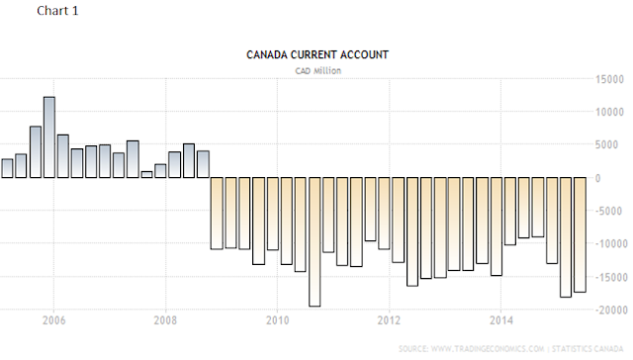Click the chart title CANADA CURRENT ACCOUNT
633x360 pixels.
point(317,54)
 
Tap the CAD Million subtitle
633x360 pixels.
point(318,71)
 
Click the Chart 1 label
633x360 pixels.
point(57,11)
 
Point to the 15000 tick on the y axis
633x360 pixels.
point(609,79)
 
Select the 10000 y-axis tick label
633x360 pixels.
point(609,112)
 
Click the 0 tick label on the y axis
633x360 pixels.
point(597,178)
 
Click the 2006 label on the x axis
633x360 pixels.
point(53,320)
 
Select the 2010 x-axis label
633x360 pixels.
point(277,320)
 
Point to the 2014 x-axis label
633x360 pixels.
point(501,320)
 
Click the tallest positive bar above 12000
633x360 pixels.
point(49,137)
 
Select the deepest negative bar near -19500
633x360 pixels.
point(315,241)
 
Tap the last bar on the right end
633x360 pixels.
point(581,234)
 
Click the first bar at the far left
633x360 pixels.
point(7,168)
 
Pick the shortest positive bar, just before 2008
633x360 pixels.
point(147,174)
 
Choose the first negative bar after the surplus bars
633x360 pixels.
point(217,213)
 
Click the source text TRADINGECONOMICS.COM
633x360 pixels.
point(488,349)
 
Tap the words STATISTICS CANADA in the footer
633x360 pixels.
point(588,349)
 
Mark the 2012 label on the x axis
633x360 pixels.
point(389,320)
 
